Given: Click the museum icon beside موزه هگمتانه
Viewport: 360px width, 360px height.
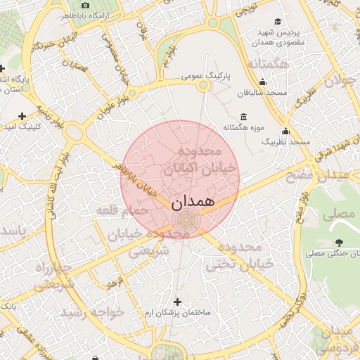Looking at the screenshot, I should [x=243, y=117].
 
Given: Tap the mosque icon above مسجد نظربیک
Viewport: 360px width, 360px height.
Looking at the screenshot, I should [x=285, y=131].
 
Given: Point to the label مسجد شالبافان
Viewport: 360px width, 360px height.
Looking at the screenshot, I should [x=262, y=92].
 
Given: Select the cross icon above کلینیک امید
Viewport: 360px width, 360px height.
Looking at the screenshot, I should [x=22, y=115].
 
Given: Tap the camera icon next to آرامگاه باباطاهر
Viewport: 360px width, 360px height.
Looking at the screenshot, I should [x=86, y=5].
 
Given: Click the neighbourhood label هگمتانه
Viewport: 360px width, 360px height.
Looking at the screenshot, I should [x=269, y=65].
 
